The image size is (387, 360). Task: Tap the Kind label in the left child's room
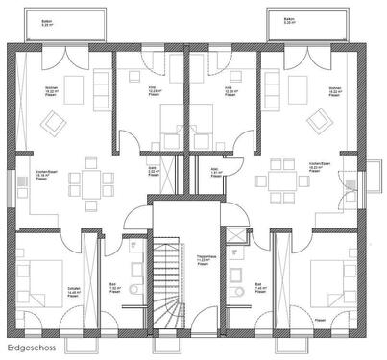152,89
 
